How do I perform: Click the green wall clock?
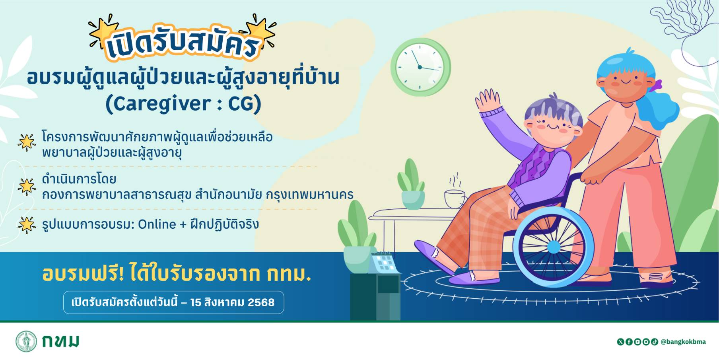(420, 67)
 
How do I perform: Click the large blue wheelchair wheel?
(553, 247)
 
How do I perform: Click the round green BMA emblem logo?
(26, 341)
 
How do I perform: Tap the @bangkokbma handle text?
(683, 342)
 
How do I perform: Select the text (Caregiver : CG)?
(183, 104)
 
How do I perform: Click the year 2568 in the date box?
(261, 302)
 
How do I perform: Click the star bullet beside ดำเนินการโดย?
(27, 187)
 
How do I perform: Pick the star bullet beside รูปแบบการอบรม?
(27, 225)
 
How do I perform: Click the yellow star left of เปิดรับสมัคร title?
(103, 32)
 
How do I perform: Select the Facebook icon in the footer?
(629, 342)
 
